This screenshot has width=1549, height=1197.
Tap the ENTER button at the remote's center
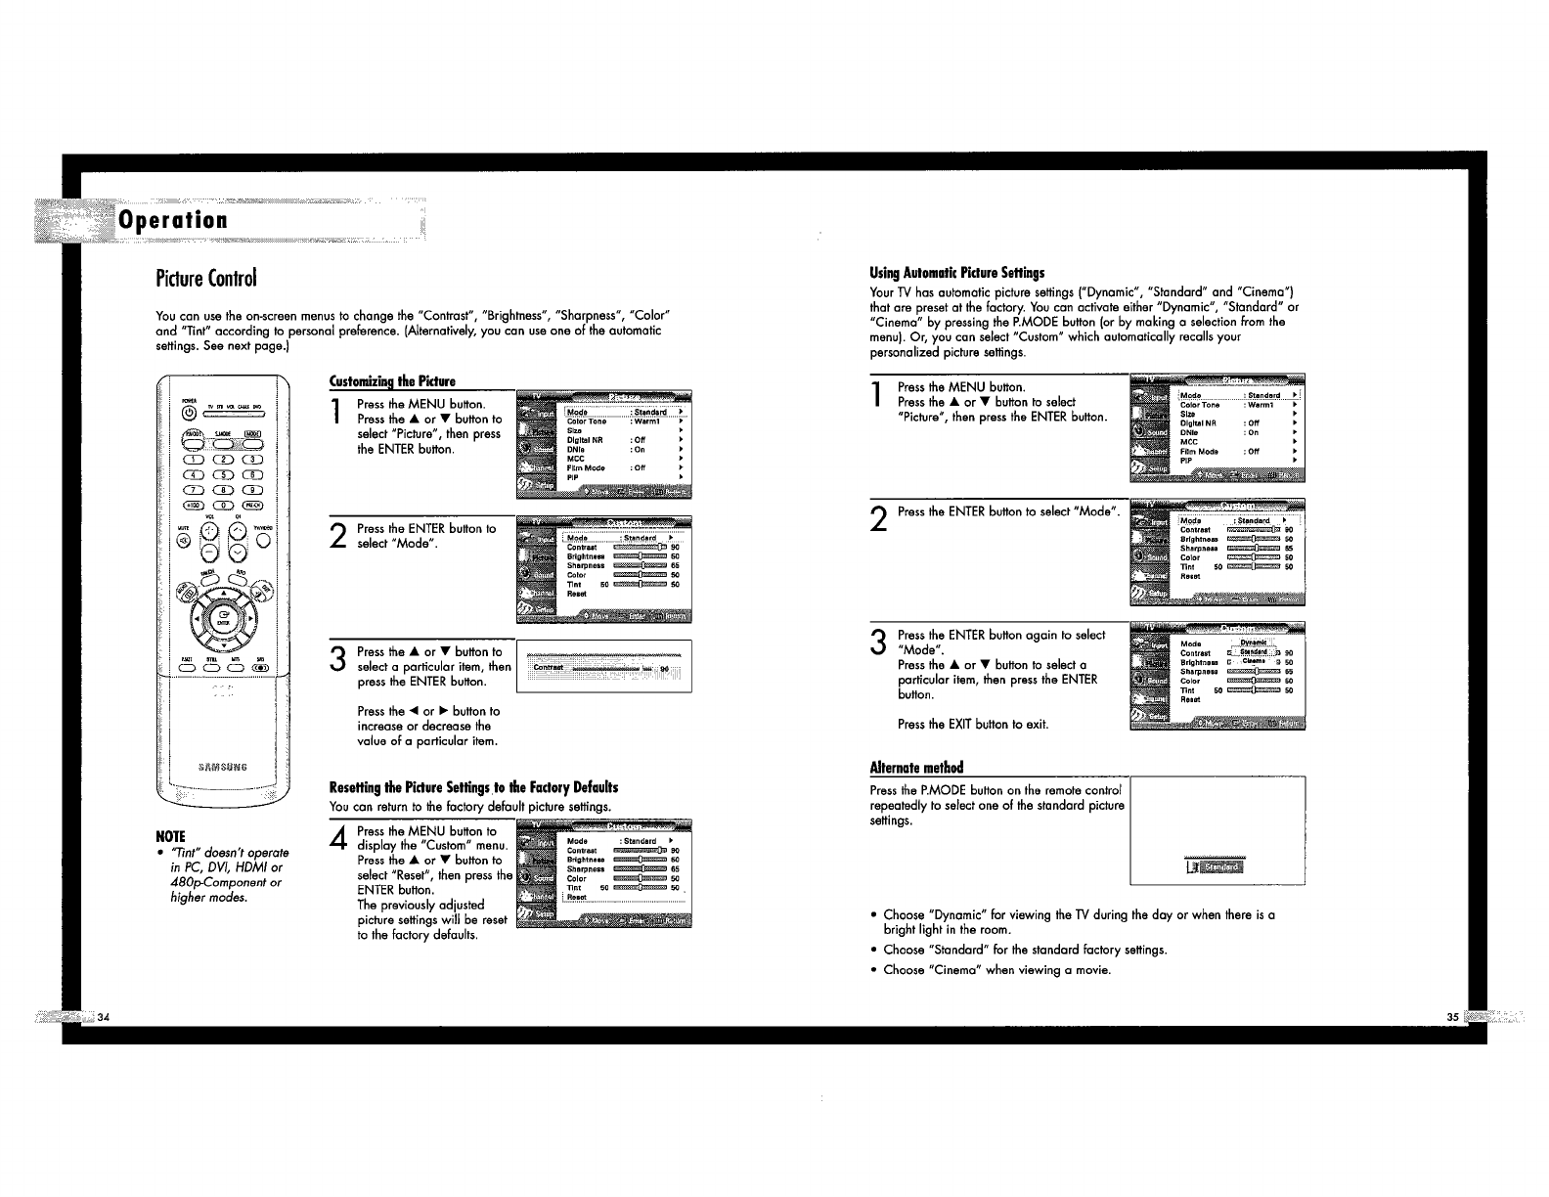coord(223,618)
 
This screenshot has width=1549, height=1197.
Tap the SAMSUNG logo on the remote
coord(223,766)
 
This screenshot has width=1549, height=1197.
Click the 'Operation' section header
coord(173,219)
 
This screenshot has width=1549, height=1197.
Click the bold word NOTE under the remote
coord(172,836)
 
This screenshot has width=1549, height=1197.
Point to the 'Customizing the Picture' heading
coord(392,380)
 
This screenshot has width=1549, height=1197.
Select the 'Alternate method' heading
coord(916,766)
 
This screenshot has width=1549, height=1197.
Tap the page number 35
coord(1453,1017)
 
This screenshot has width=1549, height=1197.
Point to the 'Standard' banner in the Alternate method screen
coord(1217,866)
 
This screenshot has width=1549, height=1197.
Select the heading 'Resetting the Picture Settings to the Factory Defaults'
coord(474,787)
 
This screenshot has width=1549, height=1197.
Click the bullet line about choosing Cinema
coord(996,970)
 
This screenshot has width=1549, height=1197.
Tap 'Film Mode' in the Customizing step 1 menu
coord(586,468)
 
